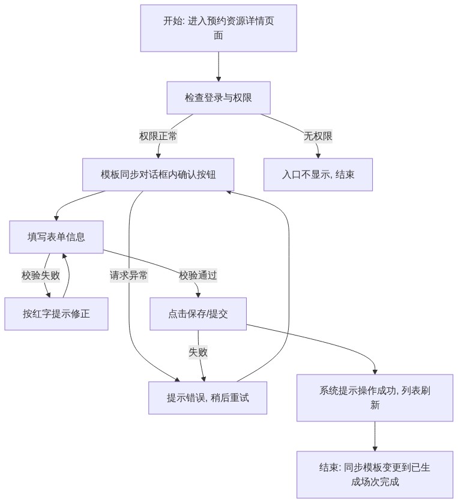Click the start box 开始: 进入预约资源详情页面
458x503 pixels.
point(218,28)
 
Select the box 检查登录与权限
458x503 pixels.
point(218,97)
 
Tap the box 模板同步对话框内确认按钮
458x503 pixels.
point(158,175)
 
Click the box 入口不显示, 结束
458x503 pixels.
point(318,175)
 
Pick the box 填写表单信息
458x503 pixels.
point(56,236)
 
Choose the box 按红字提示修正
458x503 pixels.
point(56,314)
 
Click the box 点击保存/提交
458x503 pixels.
point(198,314)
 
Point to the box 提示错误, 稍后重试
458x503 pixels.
point(208,398)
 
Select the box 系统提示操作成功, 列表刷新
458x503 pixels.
point(375,398)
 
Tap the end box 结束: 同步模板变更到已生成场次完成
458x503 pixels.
point(375,474)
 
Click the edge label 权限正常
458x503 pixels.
point(158,136)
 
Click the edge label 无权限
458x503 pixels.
point(318,136)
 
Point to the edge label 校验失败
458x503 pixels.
point(41,276)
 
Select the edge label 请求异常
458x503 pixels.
point(128,276)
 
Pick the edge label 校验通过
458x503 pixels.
point(198,276)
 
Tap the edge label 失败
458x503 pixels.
point(198,352)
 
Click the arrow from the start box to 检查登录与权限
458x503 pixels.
point(218,67)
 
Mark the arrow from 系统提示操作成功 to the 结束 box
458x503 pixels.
point(375,436)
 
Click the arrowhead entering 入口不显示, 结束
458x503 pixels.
point(318,156)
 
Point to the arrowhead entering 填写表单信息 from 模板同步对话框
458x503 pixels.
point(56,218)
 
